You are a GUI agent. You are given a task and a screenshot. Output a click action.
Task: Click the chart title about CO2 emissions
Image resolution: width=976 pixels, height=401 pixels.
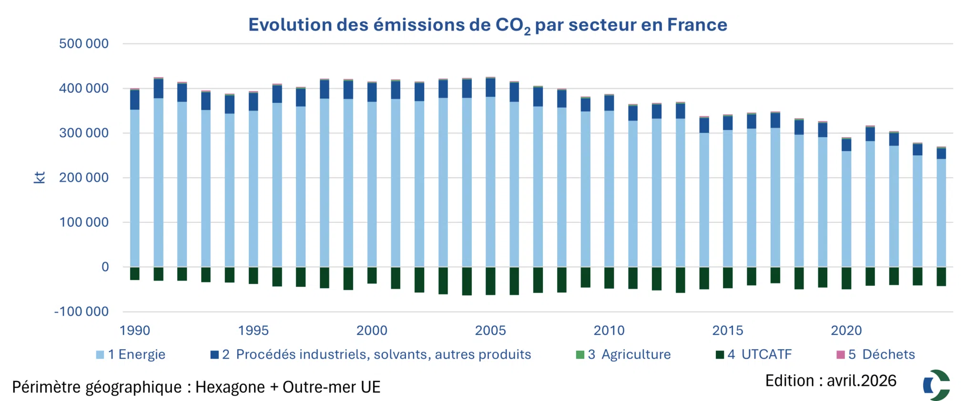pyautogui.click(x=488, y=25)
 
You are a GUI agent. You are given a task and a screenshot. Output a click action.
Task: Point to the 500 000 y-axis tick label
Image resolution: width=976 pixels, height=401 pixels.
pyautogui.click(x=84, y=44)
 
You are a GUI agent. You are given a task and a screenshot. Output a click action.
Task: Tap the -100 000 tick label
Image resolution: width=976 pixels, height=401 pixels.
pyautogui.click(x=81, y=312)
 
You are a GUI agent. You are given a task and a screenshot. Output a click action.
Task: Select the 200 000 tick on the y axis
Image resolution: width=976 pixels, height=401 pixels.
pyautogui.click(x=84, y=178)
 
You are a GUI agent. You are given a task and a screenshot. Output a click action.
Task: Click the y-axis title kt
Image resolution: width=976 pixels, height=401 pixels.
pyautogui.click(x=40, y=178)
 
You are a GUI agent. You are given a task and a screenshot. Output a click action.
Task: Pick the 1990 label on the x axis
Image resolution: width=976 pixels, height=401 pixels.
pyautogui.click(x=135, y=331)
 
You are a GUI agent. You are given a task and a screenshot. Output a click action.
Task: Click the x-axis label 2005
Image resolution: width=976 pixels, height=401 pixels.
pyautogui.click(x=490, y=331)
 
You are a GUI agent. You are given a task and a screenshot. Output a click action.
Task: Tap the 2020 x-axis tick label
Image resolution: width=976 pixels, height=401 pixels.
pyautogui.click(x=846, y=331)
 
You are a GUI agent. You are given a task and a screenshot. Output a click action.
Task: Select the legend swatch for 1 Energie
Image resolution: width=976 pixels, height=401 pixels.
pyautogui.click(x=100, y=355)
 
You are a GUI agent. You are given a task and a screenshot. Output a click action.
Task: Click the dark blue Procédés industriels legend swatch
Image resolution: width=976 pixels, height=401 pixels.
pyautogui.click(x=214, y=355)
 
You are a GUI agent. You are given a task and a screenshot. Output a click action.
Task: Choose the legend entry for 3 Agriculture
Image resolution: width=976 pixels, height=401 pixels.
pyautogui.click(x=623, y=355)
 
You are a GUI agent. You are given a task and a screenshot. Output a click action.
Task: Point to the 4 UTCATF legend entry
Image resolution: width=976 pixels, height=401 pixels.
pyautogui.click(x=754, y=355)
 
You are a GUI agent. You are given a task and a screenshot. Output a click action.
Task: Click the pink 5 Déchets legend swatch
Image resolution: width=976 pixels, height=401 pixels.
pyautogui.click(x=841, y=355)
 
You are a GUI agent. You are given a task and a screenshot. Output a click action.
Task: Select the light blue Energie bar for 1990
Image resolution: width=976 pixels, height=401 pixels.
pyautogui.click(x=135, y=188)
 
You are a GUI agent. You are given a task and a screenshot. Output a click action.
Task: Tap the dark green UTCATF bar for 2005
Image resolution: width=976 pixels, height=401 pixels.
pyautogui.click(x=490, y=281)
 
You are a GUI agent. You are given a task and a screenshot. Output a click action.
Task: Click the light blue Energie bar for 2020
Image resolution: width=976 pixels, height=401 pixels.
pyautogui.click(x=846, y=209)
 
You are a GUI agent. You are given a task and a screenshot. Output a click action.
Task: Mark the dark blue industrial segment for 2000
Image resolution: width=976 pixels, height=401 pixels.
pyautogui.click(x=372, y=92)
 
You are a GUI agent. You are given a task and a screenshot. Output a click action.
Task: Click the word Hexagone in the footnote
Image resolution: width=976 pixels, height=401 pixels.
pyautogui.click(x=230, y=388)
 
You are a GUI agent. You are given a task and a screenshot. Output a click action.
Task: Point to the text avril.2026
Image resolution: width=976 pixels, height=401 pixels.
pyautogui.click(x=862, y=381)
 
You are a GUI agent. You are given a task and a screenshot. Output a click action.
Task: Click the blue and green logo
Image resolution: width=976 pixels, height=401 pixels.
pyautogui.click(x=937, y=385)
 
